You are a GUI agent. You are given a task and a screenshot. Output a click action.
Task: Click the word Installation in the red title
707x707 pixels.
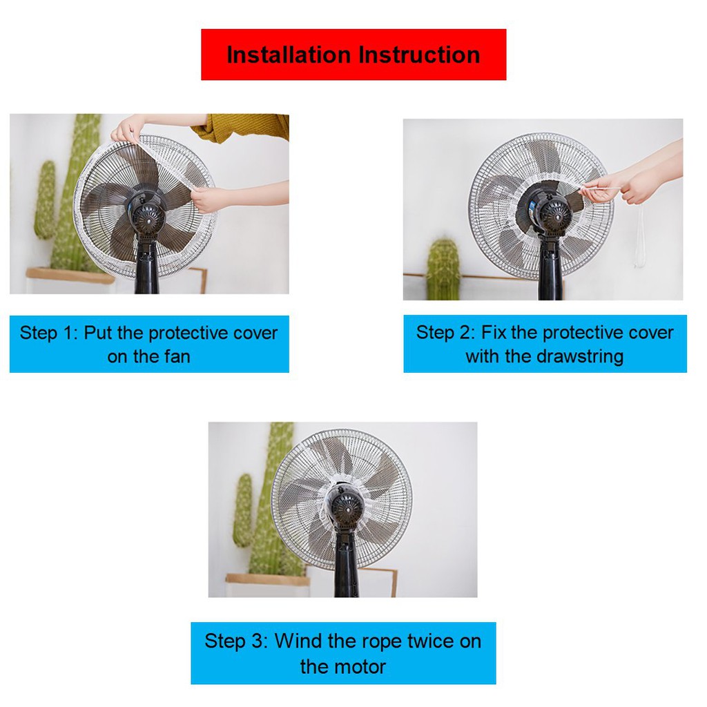[x=289, y=55]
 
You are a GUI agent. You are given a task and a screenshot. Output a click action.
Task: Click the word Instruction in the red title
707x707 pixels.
[x=419, y=55]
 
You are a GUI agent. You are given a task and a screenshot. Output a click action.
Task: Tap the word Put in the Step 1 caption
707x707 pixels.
[x=98, y=333]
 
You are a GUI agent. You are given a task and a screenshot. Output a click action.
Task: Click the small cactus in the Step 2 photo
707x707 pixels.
[x=443, y=269]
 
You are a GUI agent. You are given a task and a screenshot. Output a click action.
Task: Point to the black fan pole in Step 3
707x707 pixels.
[x=347, y=563]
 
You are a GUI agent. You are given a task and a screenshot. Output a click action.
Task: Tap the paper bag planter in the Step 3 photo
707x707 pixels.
[x=267, y=585]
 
